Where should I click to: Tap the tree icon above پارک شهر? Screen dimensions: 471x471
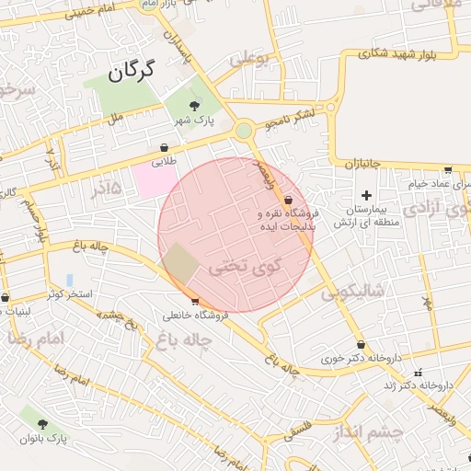[x=193, y=106]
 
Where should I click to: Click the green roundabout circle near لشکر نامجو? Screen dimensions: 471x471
[x=244, y=131]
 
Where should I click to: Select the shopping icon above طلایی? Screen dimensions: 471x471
[x=164, y=147]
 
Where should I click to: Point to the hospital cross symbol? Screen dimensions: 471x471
[x=366, y=195]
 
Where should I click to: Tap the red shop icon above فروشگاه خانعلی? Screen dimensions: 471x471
[x=195, y=301]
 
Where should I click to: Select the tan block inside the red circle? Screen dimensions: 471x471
[x=181, y=264]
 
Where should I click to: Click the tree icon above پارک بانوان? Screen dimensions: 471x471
[x=42, y=423]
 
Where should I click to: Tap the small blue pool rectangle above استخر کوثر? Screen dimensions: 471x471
[x=70, y=280]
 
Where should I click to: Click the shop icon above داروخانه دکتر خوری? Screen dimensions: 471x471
[x=361, y=345]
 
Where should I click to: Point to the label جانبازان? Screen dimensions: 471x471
[x=364, y=164]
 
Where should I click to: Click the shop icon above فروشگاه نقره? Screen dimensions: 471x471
[x=288, y=199]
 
